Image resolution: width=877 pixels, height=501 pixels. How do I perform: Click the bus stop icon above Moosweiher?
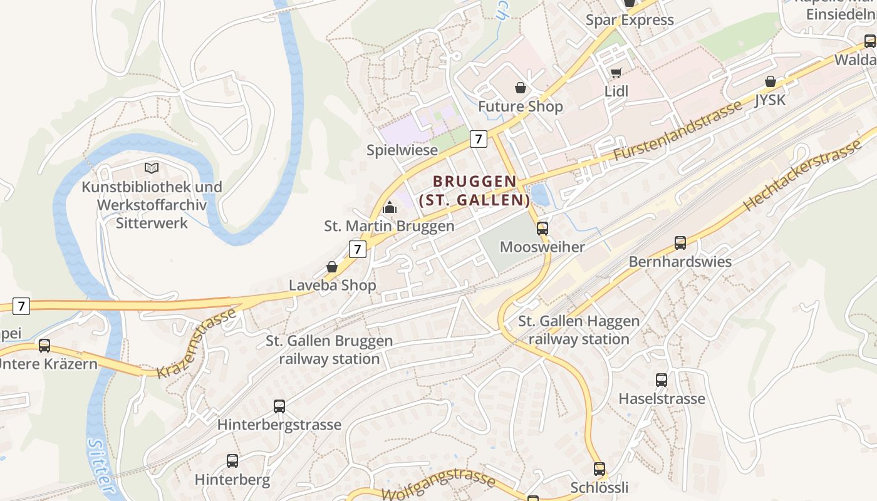(542, 229)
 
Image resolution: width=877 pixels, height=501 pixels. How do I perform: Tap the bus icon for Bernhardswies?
(680, 243)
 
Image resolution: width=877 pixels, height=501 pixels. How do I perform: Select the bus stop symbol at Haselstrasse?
(662, 380)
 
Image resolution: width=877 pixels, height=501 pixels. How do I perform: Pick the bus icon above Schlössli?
(599, 468)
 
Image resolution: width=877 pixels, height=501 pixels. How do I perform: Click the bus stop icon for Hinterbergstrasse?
(279, 406)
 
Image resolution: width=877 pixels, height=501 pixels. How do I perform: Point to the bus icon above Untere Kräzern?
(44, 345)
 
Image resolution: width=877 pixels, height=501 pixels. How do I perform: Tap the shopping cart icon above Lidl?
(616, 73)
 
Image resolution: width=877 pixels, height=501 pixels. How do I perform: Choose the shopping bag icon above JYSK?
(771, 81)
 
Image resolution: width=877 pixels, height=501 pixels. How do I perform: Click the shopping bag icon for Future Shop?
(520, 87)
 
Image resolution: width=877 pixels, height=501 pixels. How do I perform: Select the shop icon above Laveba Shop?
(332, 267)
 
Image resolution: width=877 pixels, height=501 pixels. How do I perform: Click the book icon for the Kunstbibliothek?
(152, 168)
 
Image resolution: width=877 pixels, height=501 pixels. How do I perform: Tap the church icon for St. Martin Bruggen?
(390, 207)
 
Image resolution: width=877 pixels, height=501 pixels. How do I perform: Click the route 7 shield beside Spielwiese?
(479, 139)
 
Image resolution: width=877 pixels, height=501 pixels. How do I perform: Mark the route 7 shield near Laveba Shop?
(357, 249)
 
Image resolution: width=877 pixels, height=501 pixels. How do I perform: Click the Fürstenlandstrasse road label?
(678, 130)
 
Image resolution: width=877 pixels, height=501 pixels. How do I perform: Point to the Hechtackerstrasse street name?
(803, 175)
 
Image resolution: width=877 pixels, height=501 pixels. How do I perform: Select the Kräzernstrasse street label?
(197, 343)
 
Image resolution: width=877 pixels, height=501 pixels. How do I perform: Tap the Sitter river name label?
(101, 467)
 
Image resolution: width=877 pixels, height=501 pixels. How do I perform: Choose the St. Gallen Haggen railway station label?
(579, 330)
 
